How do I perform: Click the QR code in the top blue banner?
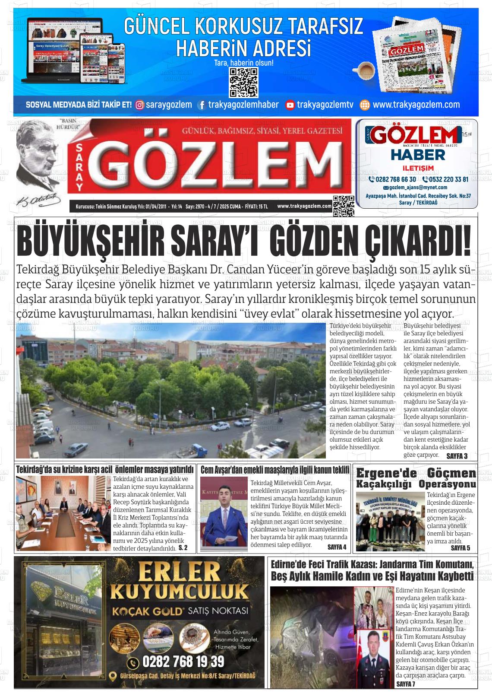pyautogui.click(x=243, y=83)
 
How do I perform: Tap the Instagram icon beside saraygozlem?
pyautogui.click(x=140, y=105)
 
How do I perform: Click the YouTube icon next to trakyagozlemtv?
pyautogui.click(x=290, y=105)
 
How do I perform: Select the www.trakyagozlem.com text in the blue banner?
pyautogui.click(x=416, y=105)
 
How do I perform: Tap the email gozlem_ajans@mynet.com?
pyautogui.click(x=418, y=188)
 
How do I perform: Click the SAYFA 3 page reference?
pyautogui.click(x=457, y=456)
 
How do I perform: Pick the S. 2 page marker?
pyautogui.click(x=183, y=548)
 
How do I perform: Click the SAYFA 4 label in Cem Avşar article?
pyautogui.click(x=337, y=547)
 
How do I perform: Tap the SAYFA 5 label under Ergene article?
pyautogui.click(x=460, y=548)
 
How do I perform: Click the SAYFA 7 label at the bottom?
pyautogui.click(x=405, y=684)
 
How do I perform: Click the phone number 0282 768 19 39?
pyautogui.click(x=183, y=661)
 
